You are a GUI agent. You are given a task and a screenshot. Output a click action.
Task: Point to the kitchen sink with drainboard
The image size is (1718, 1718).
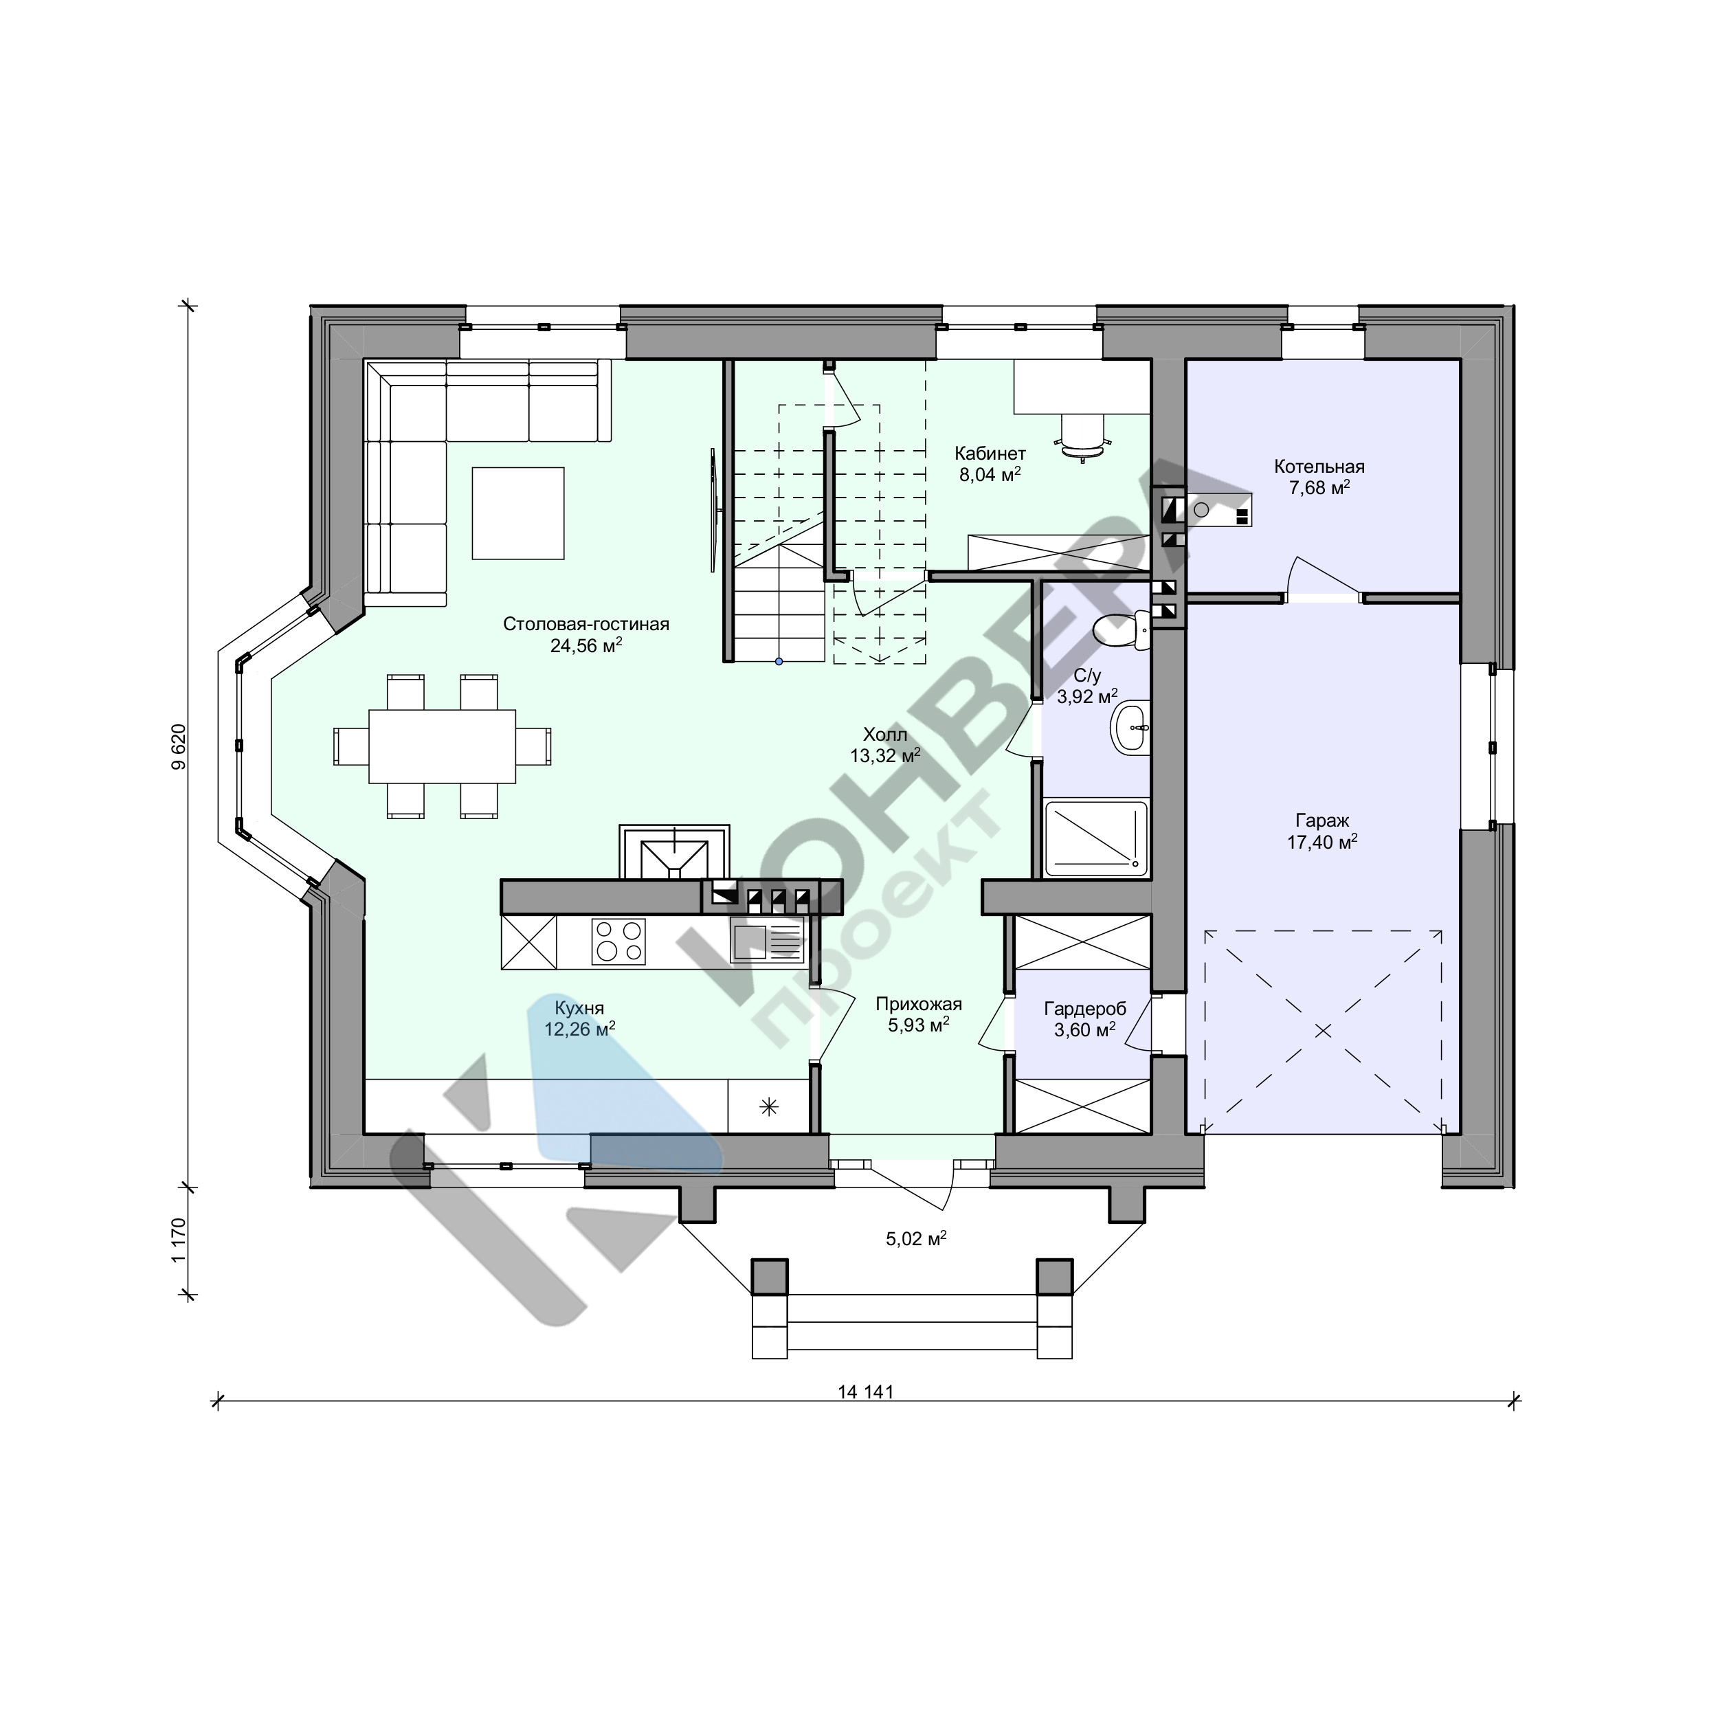768,941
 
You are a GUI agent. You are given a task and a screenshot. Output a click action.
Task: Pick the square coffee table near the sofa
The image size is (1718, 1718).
518,513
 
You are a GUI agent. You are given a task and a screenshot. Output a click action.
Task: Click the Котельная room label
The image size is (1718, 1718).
1319,467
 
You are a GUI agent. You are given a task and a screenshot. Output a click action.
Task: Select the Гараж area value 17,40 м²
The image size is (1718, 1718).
1322,841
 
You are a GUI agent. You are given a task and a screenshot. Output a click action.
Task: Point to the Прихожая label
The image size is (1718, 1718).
919,1005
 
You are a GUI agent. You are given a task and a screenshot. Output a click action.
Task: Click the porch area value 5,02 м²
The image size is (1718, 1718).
916,1238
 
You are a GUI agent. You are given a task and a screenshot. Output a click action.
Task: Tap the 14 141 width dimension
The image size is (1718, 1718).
865,1392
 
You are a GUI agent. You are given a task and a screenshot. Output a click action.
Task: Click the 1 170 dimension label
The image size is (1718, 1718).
179,1240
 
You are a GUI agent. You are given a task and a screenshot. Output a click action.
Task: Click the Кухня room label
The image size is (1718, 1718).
580,1008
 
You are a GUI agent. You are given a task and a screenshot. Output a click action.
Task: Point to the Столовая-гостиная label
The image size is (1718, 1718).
586,624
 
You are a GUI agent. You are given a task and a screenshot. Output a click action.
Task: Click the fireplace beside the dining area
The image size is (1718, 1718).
675,852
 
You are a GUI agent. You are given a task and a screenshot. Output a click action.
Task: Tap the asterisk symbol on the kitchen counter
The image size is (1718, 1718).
768,1107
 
